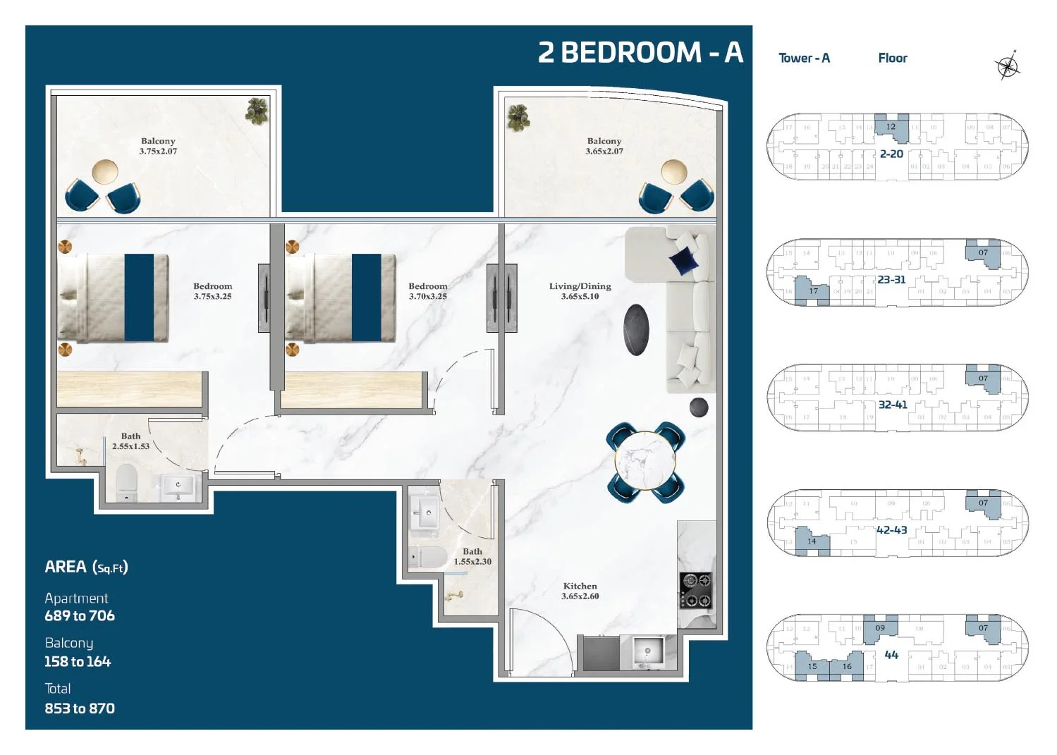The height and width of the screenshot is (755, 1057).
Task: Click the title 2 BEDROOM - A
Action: pyautogui.click(x=640, y=53)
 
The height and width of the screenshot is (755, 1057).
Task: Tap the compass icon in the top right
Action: pyautogui.click(x=1008, y=66)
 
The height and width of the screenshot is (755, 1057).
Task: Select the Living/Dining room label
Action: pyautogui.click(x=580, y=291)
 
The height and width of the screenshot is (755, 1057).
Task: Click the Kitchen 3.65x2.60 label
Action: pyautogui.click(x=580, y=591)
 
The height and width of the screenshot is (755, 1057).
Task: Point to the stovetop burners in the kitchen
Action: pyautogui.click(x=695, y=590)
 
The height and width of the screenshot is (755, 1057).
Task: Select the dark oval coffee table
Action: pyautogui.click(x=636, y=330)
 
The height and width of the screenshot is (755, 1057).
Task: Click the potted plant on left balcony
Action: pyautogui.click(x=257, y=110)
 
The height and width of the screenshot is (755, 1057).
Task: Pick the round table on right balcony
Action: pyautogui.click(x=673, y=171)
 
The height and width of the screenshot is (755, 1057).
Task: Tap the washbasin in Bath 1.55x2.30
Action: pyautogui.click(x=426, y=512)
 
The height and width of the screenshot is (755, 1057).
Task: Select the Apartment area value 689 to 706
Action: pyautogui.click(x=80, y=615)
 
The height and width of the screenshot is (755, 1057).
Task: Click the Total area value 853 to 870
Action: pyautogui.click(x=80, y=708)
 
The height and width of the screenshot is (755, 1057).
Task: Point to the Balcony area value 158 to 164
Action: pyautogui.click(x=78, y=661)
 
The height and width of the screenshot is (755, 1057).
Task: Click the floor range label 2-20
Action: pyautogui.click(x=891, y=154)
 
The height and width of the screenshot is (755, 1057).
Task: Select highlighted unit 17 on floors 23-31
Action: pyautogui.click(x=813, y=291)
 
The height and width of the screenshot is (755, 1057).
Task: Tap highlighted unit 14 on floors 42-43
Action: pyautogui.click(x=812, y=541)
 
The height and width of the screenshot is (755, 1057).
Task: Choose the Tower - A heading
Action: pyautogui.click(x=804, y=59)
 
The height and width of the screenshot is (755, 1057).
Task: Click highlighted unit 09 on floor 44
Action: pyautogui.click(x=879, y=627)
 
